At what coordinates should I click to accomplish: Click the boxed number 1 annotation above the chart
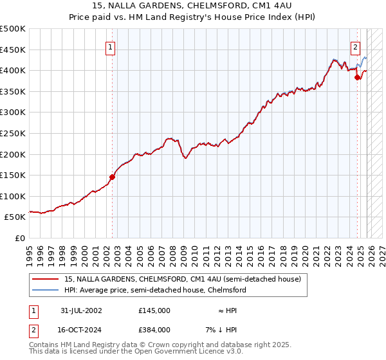click(111, 47)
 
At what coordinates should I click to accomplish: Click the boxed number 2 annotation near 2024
click(355, 47)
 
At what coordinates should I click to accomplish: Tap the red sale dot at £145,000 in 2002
click(112, 177)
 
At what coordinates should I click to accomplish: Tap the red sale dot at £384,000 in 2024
click(358, 77)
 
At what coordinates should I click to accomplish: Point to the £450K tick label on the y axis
click(14, 50)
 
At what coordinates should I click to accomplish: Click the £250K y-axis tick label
click(14, 133)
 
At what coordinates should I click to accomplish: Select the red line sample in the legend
click(46, 279)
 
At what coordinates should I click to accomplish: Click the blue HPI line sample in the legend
click(46, 290)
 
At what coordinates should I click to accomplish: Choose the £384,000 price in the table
click(154, 329)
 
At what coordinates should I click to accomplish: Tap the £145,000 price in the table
click(154, 310)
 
